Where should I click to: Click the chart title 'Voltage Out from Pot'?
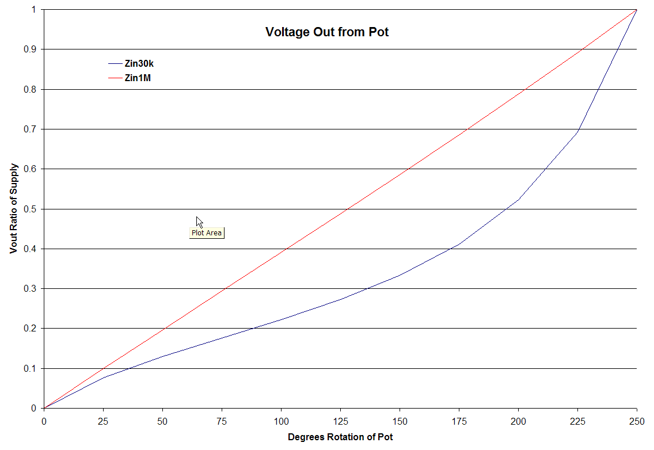(326, 32)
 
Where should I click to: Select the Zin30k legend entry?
(139, 64)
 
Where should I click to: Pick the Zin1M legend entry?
(138, 78)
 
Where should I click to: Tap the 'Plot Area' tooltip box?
(206, 233)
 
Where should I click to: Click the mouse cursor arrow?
(199, 222)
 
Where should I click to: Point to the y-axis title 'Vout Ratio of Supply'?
(13, 209)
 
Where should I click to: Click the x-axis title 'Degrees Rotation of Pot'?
(340, 437)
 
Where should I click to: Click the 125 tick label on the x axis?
(341, 420)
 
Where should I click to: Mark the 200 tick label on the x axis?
(518, 420)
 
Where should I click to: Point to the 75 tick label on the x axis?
(222, 420)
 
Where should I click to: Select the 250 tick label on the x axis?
(637, 420)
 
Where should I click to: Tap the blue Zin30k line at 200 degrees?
(518, 200)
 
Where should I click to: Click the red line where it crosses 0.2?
(163, 329)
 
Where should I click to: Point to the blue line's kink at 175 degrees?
(459, 244)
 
